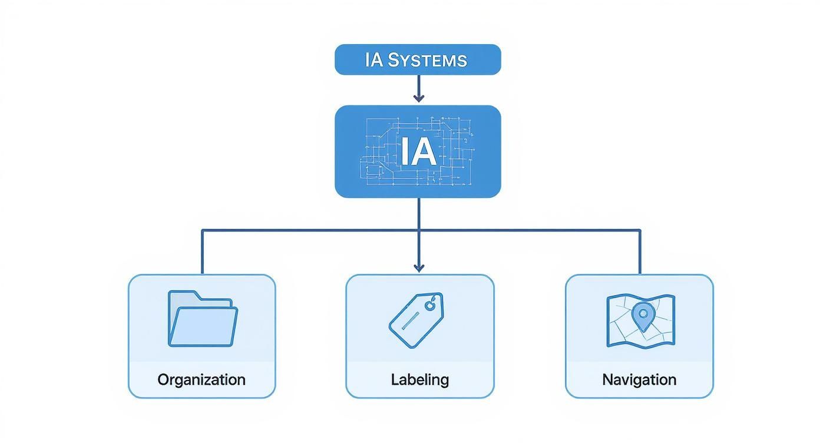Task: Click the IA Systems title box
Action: coord(418,59)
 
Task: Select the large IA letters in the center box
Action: coord(418,151)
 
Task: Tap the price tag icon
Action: coord(416,320)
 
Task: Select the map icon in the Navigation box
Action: coord(640,320)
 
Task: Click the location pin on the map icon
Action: coord(642,316)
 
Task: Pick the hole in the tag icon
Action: coord(431,305)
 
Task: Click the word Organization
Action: coord(201,380)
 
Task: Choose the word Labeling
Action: coord(419,380)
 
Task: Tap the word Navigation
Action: coord(639,380)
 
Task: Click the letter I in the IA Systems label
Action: coord(368,60)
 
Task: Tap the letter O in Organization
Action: coord(164,380)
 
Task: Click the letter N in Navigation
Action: coord(607,380)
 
